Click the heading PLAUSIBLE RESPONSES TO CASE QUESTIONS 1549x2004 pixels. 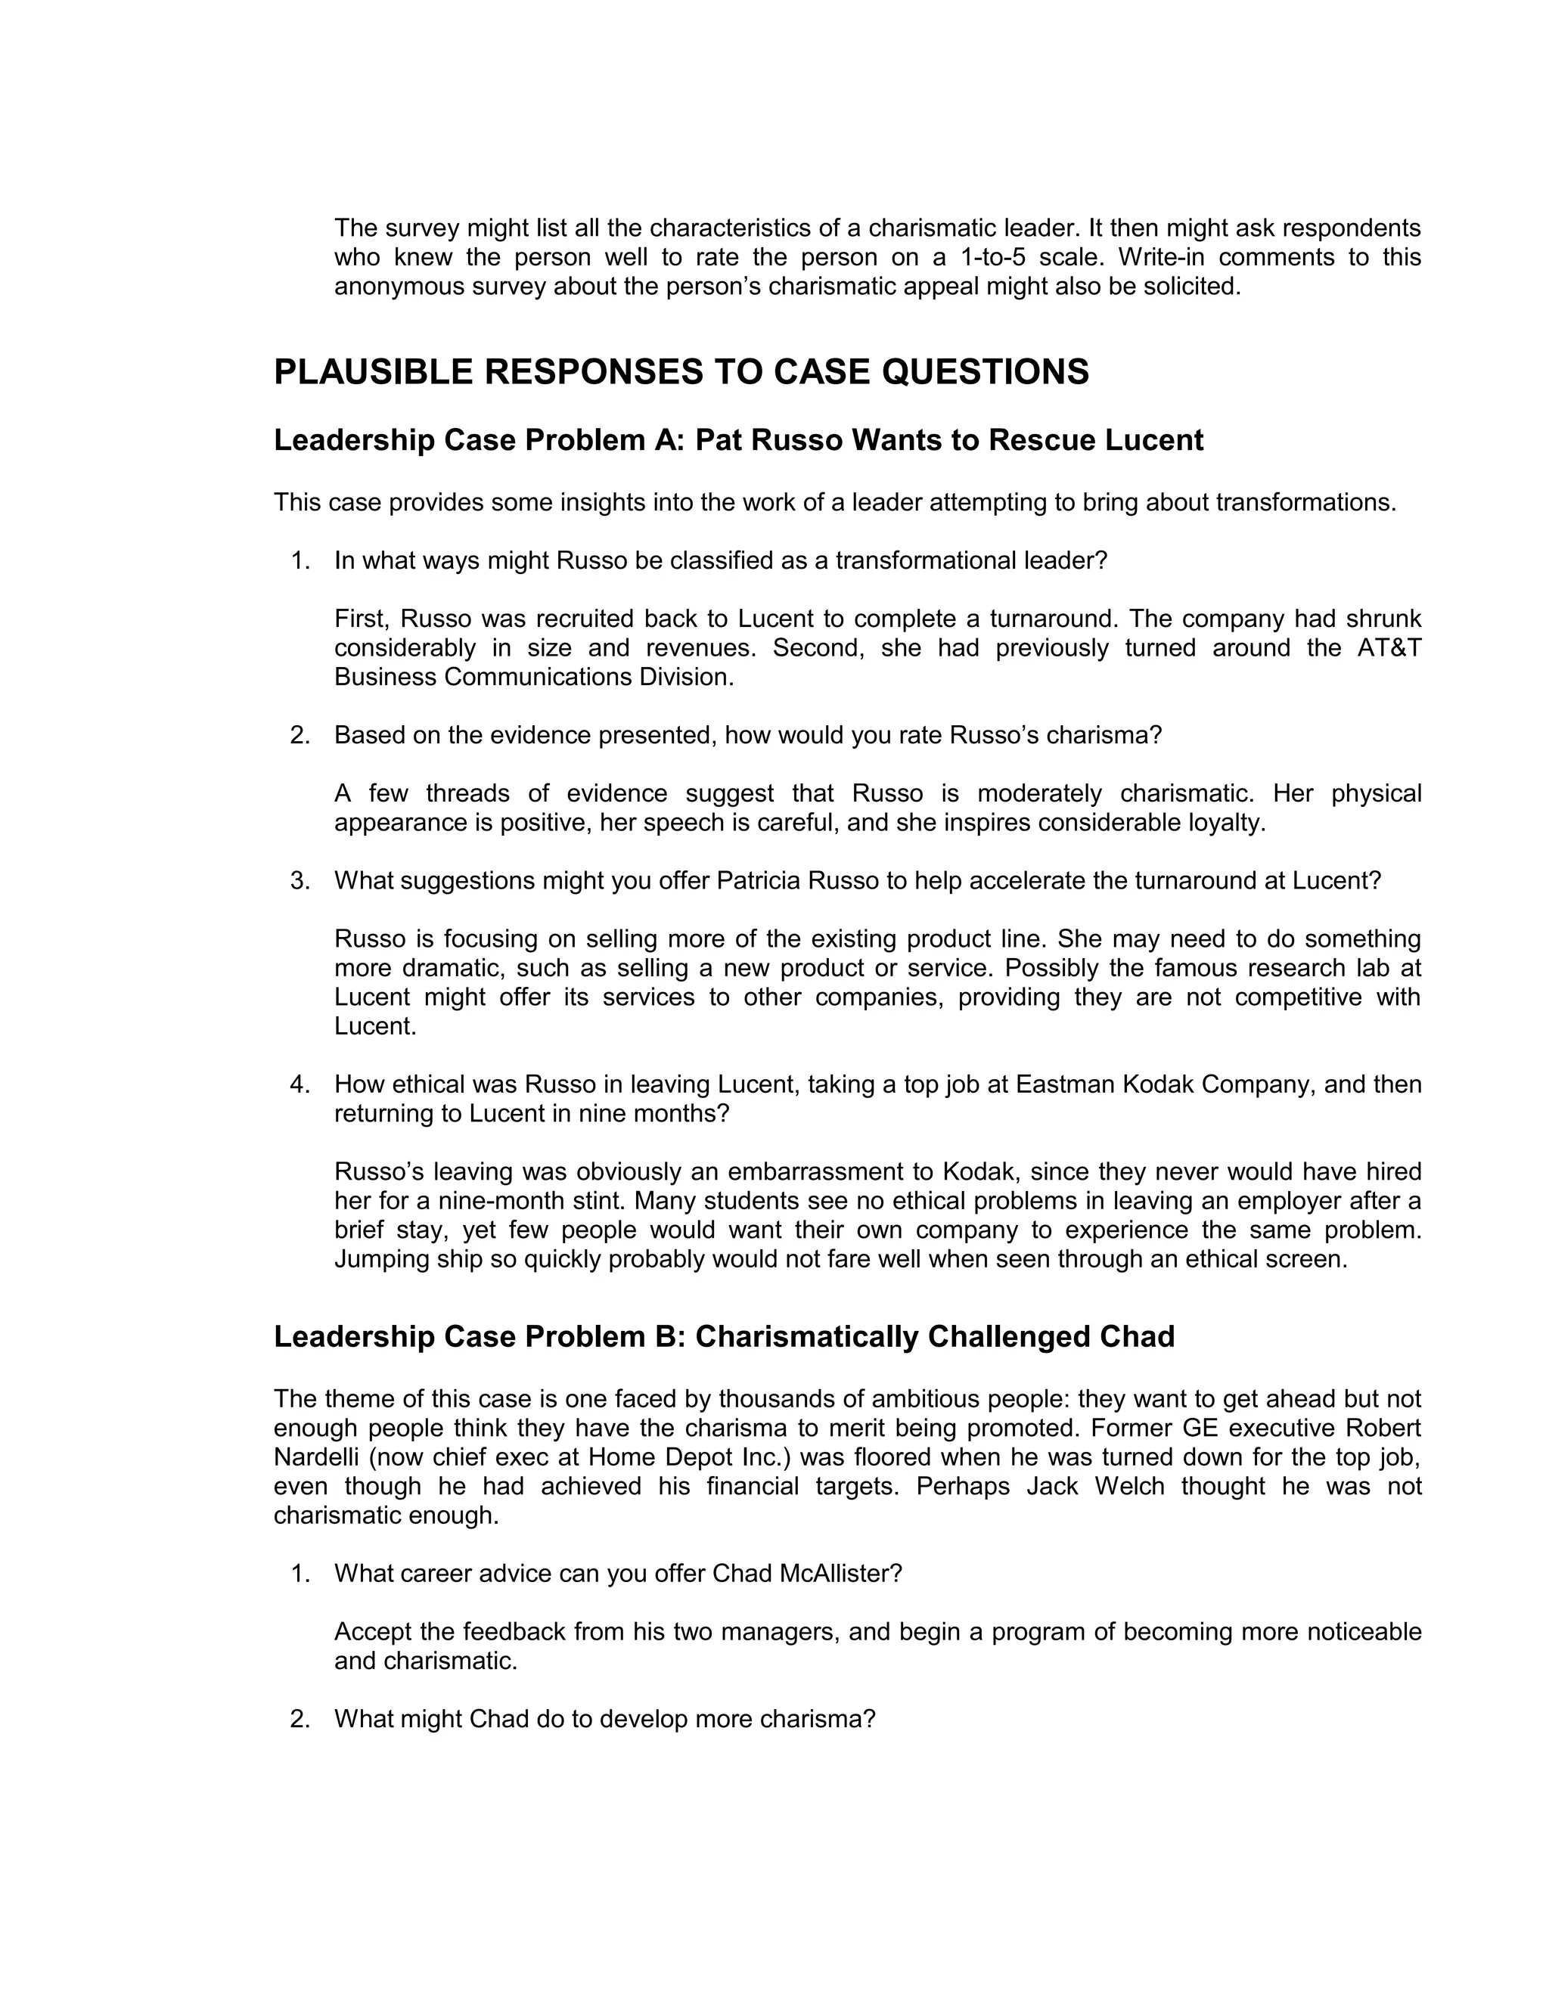[x=681, y=371]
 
